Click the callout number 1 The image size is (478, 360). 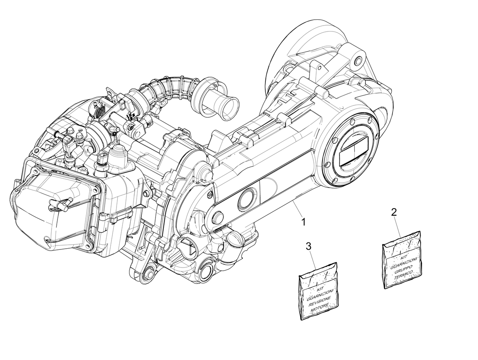click(303, 222)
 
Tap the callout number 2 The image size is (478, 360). click(393, 212)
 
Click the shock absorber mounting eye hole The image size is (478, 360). click(358, 61)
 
